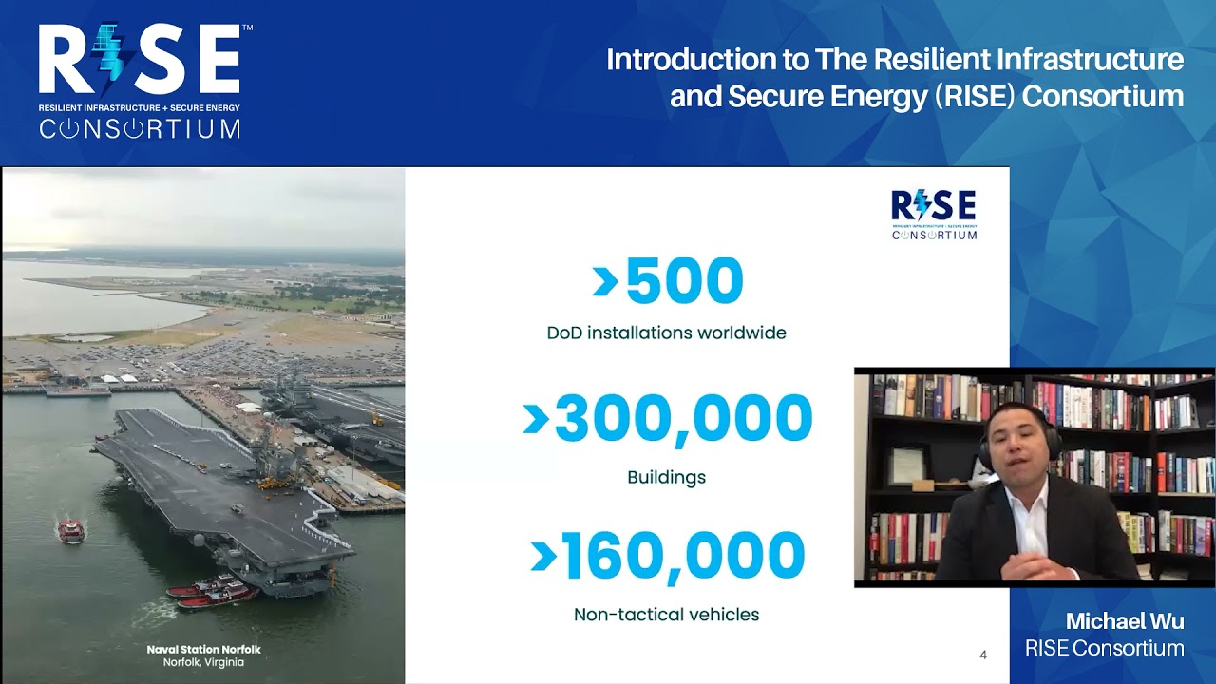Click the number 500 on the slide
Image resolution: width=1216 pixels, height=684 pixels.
tap(684, 282)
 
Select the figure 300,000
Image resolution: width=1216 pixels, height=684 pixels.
tap(683, 420)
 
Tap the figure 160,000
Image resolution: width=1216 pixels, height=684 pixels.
tap(683, 557)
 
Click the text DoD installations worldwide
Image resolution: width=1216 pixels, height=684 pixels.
tap(666, 333)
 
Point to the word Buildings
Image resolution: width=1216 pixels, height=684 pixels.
tap(666, 477)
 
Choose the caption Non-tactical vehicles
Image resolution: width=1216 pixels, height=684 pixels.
tap(666, 615)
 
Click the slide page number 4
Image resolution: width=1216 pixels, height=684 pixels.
tap(983, 655)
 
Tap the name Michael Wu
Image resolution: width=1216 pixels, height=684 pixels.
tap(1124, 621)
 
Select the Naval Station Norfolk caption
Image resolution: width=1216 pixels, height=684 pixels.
tap(203, 650)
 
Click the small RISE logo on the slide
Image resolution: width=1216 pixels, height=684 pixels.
tap(934, 214)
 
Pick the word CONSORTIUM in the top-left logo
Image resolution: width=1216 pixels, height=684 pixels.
tap(140, 128)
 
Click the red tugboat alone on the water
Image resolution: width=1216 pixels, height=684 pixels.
tap(71, 531)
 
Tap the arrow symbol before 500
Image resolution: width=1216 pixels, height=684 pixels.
tap(605, 282)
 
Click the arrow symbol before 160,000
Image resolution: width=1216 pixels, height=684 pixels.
tap(543, 557)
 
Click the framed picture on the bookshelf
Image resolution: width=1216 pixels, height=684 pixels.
tap(907, 466)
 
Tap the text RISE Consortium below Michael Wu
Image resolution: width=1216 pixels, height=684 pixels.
tap(1104, 649)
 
